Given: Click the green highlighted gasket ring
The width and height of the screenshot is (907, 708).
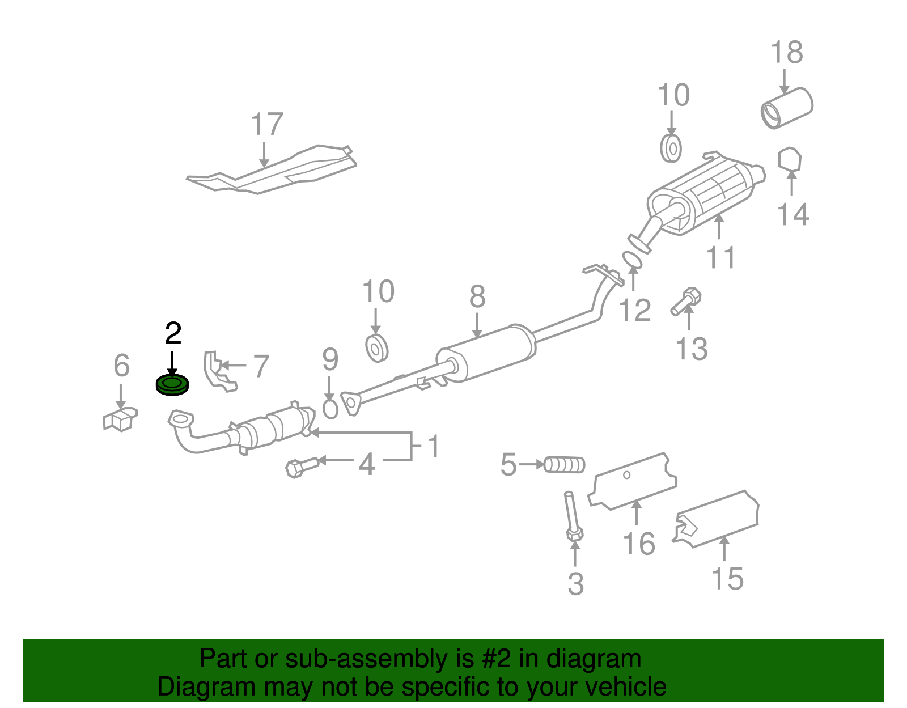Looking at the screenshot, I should [x=172, y=385].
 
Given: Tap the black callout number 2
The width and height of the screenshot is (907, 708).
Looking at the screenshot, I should [x=173, y=334].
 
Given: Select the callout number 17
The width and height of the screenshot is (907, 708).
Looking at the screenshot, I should [x=266, y=124].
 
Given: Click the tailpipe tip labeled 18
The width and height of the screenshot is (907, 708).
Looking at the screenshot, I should [x=787, y=108].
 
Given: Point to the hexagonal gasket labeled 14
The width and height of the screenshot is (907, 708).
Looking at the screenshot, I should [x=789, y=159].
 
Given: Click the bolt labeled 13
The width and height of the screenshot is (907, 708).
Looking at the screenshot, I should [x=686, y=301].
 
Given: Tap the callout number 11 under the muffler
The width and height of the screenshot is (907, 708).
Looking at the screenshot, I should [x=720, y=257].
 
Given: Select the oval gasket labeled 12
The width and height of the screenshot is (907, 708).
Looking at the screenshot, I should [x=633, y=260].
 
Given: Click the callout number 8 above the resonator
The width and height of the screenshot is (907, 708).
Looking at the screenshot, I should [x=477, y=296].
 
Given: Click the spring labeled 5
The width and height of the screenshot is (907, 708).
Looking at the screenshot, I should [x=565, y=465].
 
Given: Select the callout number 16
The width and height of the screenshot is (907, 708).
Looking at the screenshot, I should [x=639, y=544].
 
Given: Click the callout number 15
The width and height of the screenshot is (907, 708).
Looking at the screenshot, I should [x=727, y=578].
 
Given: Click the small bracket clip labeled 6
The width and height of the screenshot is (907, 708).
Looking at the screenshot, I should [x=120, y=419].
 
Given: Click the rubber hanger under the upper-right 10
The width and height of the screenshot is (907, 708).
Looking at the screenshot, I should [x=671, y=149].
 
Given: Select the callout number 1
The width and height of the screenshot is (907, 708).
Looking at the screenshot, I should [x=434, y=446].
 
